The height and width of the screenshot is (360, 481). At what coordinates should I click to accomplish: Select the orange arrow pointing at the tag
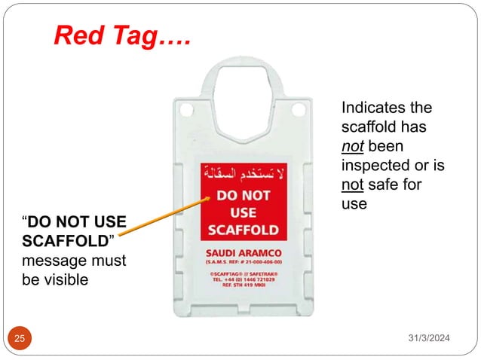tap(162, 218)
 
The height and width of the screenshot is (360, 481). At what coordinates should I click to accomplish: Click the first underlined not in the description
tap(351, 146)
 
